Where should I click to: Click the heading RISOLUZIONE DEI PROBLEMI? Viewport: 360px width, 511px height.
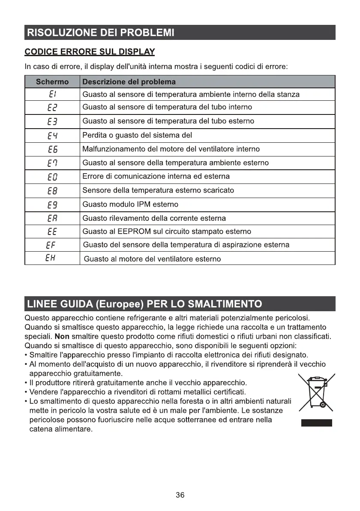pyautogui.click(x=100, y=33)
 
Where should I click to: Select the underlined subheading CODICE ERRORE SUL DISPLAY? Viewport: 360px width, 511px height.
pyautogui.click(x=90, y=52)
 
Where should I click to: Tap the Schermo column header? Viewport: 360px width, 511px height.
pyautogui.click(x=52, y=81)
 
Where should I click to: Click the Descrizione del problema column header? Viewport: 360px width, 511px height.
pyautogui.click(x=129, y=81)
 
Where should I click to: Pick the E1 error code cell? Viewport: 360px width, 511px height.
pyautogui.click(x=52, y=94)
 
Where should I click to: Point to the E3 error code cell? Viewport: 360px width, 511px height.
pyautogui.click(x=52, y=121)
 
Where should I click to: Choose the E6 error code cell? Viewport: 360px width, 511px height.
pyautogui.click(x=52, y=149)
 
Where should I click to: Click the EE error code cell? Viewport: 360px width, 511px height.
pyautogui.click(x=52, y=231)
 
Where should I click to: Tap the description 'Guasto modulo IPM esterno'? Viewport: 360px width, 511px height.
pyautogui.click(x=130, y=204)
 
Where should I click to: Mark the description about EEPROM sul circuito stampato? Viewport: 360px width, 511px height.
pyautogui.click(x=167, y=231)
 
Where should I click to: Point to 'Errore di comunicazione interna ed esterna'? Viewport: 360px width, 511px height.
pyautogui.click(x=156, y=176)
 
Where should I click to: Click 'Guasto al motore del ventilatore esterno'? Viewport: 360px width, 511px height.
pyautogui.click(x=153, y=259)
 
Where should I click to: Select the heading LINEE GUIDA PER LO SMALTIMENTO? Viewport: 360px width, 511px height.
pyautogui.click(x=144, y=304)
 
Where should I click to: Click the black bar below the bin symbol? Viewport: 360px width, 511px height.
pyautogui.click(x=316, y=423)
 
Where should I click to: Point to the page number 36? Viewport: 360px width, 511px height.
pyautogui.click(x=180, y=495)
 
